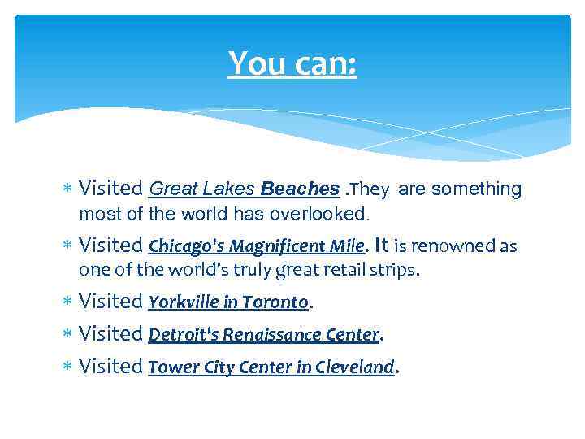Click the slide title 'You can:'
(292, 63)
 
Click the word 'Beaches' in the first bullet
(300, 189)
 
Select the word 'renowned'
(450, 246)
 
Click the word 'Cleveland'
(354, 367)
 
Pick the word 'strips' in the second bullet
(397, 271)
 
